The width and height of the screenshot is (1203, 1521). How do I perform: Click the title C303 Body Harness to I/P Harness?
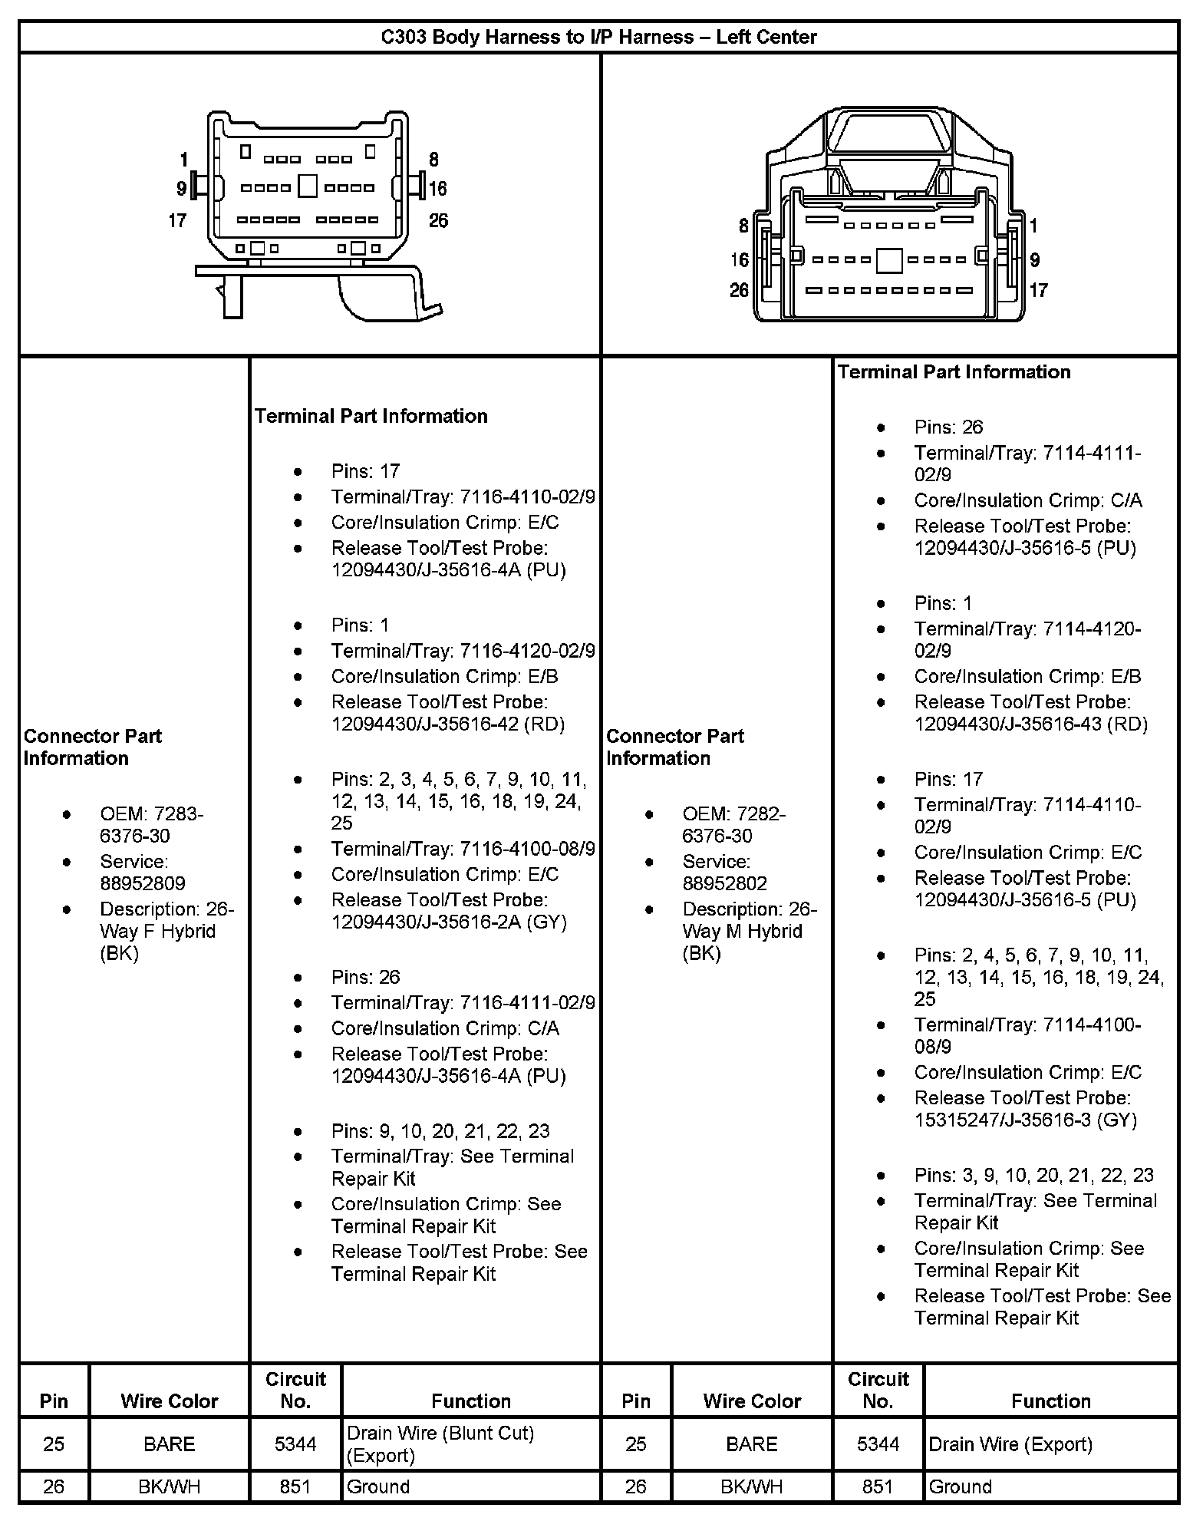(599, 37)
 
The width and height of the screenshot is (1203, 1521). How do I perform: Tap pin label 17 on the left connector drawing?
(177, 221)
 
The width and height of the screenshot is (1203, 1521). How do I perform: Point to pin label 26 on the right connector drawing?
(739, 290)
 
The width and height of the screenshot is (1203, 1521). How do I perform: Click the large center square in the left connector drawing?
(308, 186)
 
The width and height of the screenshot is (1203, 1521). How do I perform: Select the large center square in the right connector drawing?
(889, 260)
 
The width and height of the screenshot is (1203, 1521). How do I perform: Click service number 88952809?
(143, 883)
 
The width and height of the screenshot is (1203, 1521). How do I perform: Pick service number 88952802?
(725, 883)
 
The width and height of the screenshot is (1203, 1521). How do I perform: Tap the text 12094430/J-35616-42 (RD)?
(448, 724)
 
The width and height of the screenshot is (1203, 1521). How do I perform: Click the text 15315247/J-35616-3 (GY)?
(1026, 1120)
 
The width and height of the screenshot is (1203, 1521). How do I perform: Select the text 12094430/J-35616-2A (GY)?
(449, 922)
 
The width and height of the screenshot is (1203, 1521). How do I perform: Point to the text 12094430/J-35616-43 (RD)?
(1031, 724)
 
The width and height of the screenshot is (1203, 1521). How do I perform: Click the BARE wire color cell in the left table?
(170, 1444)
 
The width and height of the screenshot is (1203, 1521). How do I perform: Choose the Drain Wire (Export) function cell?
(1010, 1444)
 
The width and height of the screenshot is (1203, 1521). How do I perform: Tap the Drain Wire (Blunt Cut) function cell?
(440, 1443)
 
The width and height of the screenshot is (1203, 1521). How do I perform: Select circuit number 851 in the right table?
(878, 1486)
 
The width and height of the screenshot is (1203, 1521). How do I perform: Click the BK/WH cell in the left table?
(170, 1486)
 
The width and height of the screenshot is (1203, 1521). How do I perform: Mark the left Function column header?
(471, 1401)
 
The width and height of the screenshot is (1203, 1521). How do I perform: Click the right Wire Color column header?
(752, 1401)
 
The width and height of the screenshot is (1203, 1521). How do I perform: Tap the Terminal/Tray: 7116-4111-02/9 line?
(463, 1003)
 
